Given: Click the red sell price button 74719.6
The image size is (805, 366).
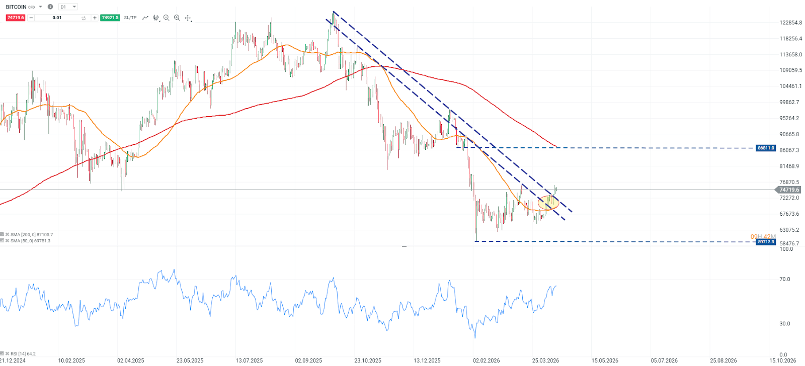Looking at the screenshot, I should [x=15, y=18].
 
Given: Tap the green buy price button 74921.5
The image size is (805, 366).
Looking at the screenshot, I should [x=110, y=18].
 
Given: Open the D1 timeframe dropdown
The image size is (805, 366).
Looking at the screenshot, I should [x=68, y=7].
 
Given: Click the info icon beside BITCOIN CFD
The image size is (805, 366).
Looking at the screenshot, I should [x=50, y=7].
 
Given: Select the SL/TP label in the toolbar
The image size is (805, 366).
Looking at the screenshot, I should [x=130, y=18].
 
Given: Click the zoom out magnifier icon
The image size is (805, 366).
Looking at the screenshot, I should [x=167, y=18].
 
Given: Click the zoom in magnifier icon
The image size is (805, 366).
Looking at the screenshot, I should [x=177, y=18].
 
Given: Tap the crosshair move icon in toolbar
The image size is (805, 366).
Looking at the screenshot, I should [x=188, y=18].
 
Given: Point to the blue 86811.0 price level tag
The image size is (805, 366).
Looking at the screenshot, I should [x=766, y=148].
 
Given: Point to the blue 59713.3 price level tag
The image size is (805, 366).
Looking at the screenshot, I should [x=766, y=242].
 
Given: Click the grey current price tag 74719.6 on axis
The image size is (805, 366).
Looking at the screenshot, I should [x=789, y=190].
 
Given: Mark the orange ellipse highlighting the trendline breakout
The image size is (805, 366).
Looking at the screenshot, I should [x=548, y=203].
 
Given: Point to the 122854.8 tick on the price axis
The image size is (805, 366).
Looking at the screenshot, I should [x=790, y=23].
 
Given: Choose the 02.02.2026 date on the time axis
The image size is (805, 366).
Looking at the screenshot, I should [x=486, y=360].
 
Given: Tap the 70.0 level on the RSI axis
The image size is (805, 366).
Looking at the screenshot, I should [x=784, y=279].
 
